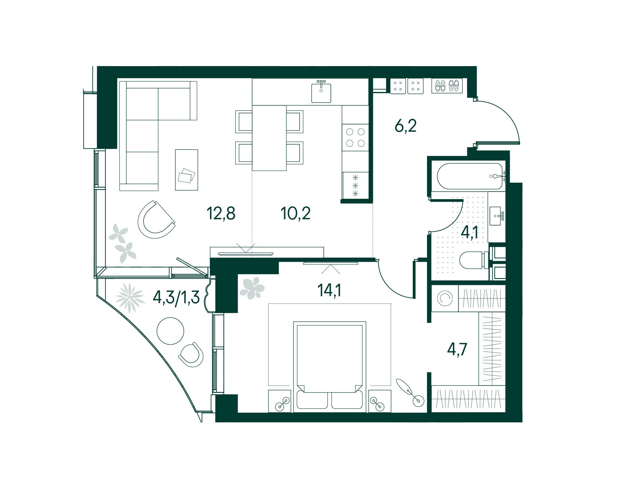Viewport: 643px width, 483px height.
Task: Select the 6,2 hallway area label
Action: (x=405, y=126)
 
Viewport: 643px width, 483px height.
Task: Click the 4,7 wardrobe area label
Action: (x=457, y=350)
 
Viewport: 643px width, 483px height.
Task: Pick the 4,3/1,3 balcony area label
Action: (x=176, y=298)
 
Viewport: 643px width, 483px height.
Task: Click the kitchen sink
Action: (x=321, y=92)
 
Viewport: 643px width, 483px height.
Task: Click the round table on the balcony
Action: (x=170, y=331)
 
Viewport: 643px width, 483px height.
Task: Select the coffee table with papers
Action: (x=186, y=170)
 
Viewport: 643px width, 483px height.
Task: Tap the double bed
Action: (x=330, y=367)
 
